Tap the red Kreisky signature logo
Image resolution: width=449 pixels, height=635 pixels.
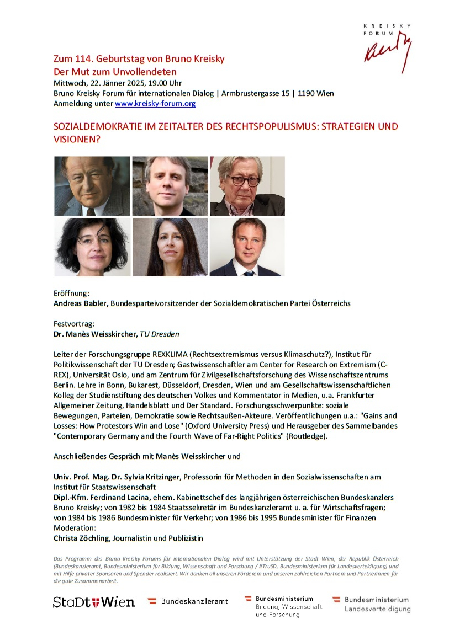click(387, 49)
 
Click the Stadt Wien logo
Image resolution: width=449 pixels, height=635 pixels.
click(94, 601)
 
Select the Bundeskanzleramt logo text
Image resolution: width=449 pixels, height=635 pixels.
click(194, 601)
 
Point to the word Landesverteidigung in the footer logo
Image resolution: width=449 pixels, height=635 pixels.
click(378, 609)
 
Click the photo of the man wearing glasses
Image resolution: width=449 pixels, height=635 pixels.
click(247, 186)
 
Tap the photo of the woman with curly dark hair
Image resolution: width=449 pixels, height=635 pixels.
click(92, 247)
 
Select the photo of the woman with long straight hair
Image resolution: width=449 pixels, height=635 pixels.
click(170, 247)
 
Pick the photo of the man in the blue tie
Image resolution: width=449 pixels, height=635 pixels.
click(247, 247)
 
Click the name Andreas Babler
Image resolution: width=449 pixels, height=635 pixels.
click(81, 303)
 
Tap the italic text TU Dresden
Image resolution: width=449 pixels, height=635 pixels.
click(160, 334)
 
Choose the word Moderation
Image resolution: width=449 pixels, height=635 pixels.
click(75, 528)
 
